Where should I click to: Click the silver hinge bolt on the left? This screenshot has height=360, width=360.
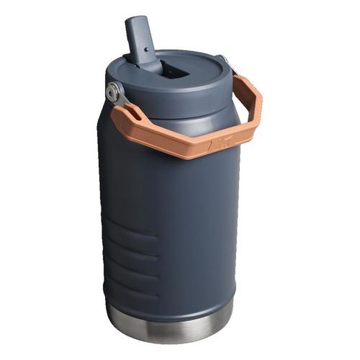113,91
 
